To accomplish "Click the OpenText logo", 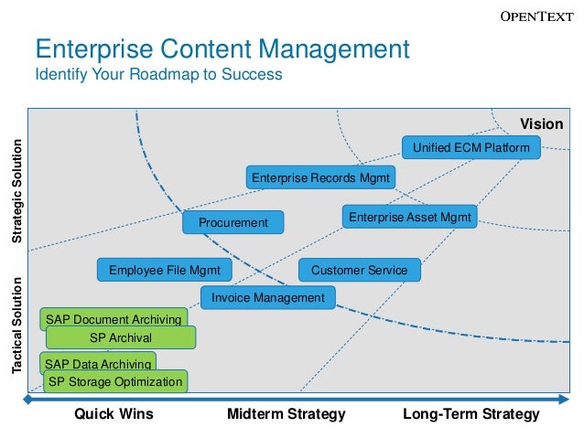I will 537,16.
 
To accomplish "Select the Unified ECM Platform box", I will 471,146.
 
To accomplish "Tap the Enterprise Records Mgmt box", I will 320,177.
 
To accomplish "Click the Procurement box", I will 233,222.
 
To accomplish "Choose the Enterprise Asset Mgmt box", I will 409,217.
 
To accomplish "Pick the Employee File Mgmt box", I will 164,270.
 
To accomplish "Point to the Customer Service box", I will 359,270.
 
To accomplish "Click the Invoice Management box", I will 267,297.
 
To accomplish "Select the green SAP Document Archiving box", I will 114,318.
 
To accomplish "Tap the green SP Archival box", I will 121,337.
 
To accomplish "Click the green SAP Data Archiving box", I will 98,363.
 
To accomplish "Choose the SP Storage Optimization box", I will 115,381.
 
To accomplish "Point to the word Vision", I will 542,123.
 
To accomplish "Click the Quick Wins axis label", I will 114,414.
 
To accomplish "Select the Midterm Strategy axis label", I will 287,414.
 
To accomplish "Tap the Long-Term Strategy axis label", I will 471,414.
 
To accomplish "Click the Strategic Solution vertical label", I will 16,190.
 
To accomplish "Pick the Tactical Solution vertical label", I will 16,326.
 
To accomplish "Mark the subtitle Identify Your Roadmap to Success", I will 158,74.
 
